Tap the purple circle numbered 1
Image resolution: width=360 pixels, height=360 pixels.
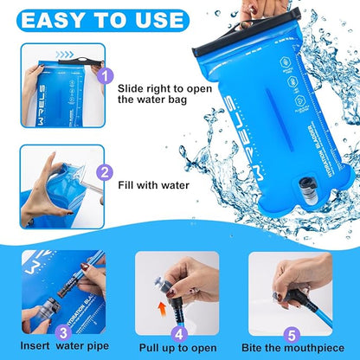click(105, 75)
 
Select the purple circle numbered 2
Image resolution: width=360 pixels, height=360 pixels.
click(105, 172)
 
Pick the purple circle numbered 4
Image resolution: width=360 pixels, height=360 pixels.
click(177, 331)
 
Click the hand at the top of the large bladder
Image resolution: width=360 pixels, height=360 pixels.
click(286, 12)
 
